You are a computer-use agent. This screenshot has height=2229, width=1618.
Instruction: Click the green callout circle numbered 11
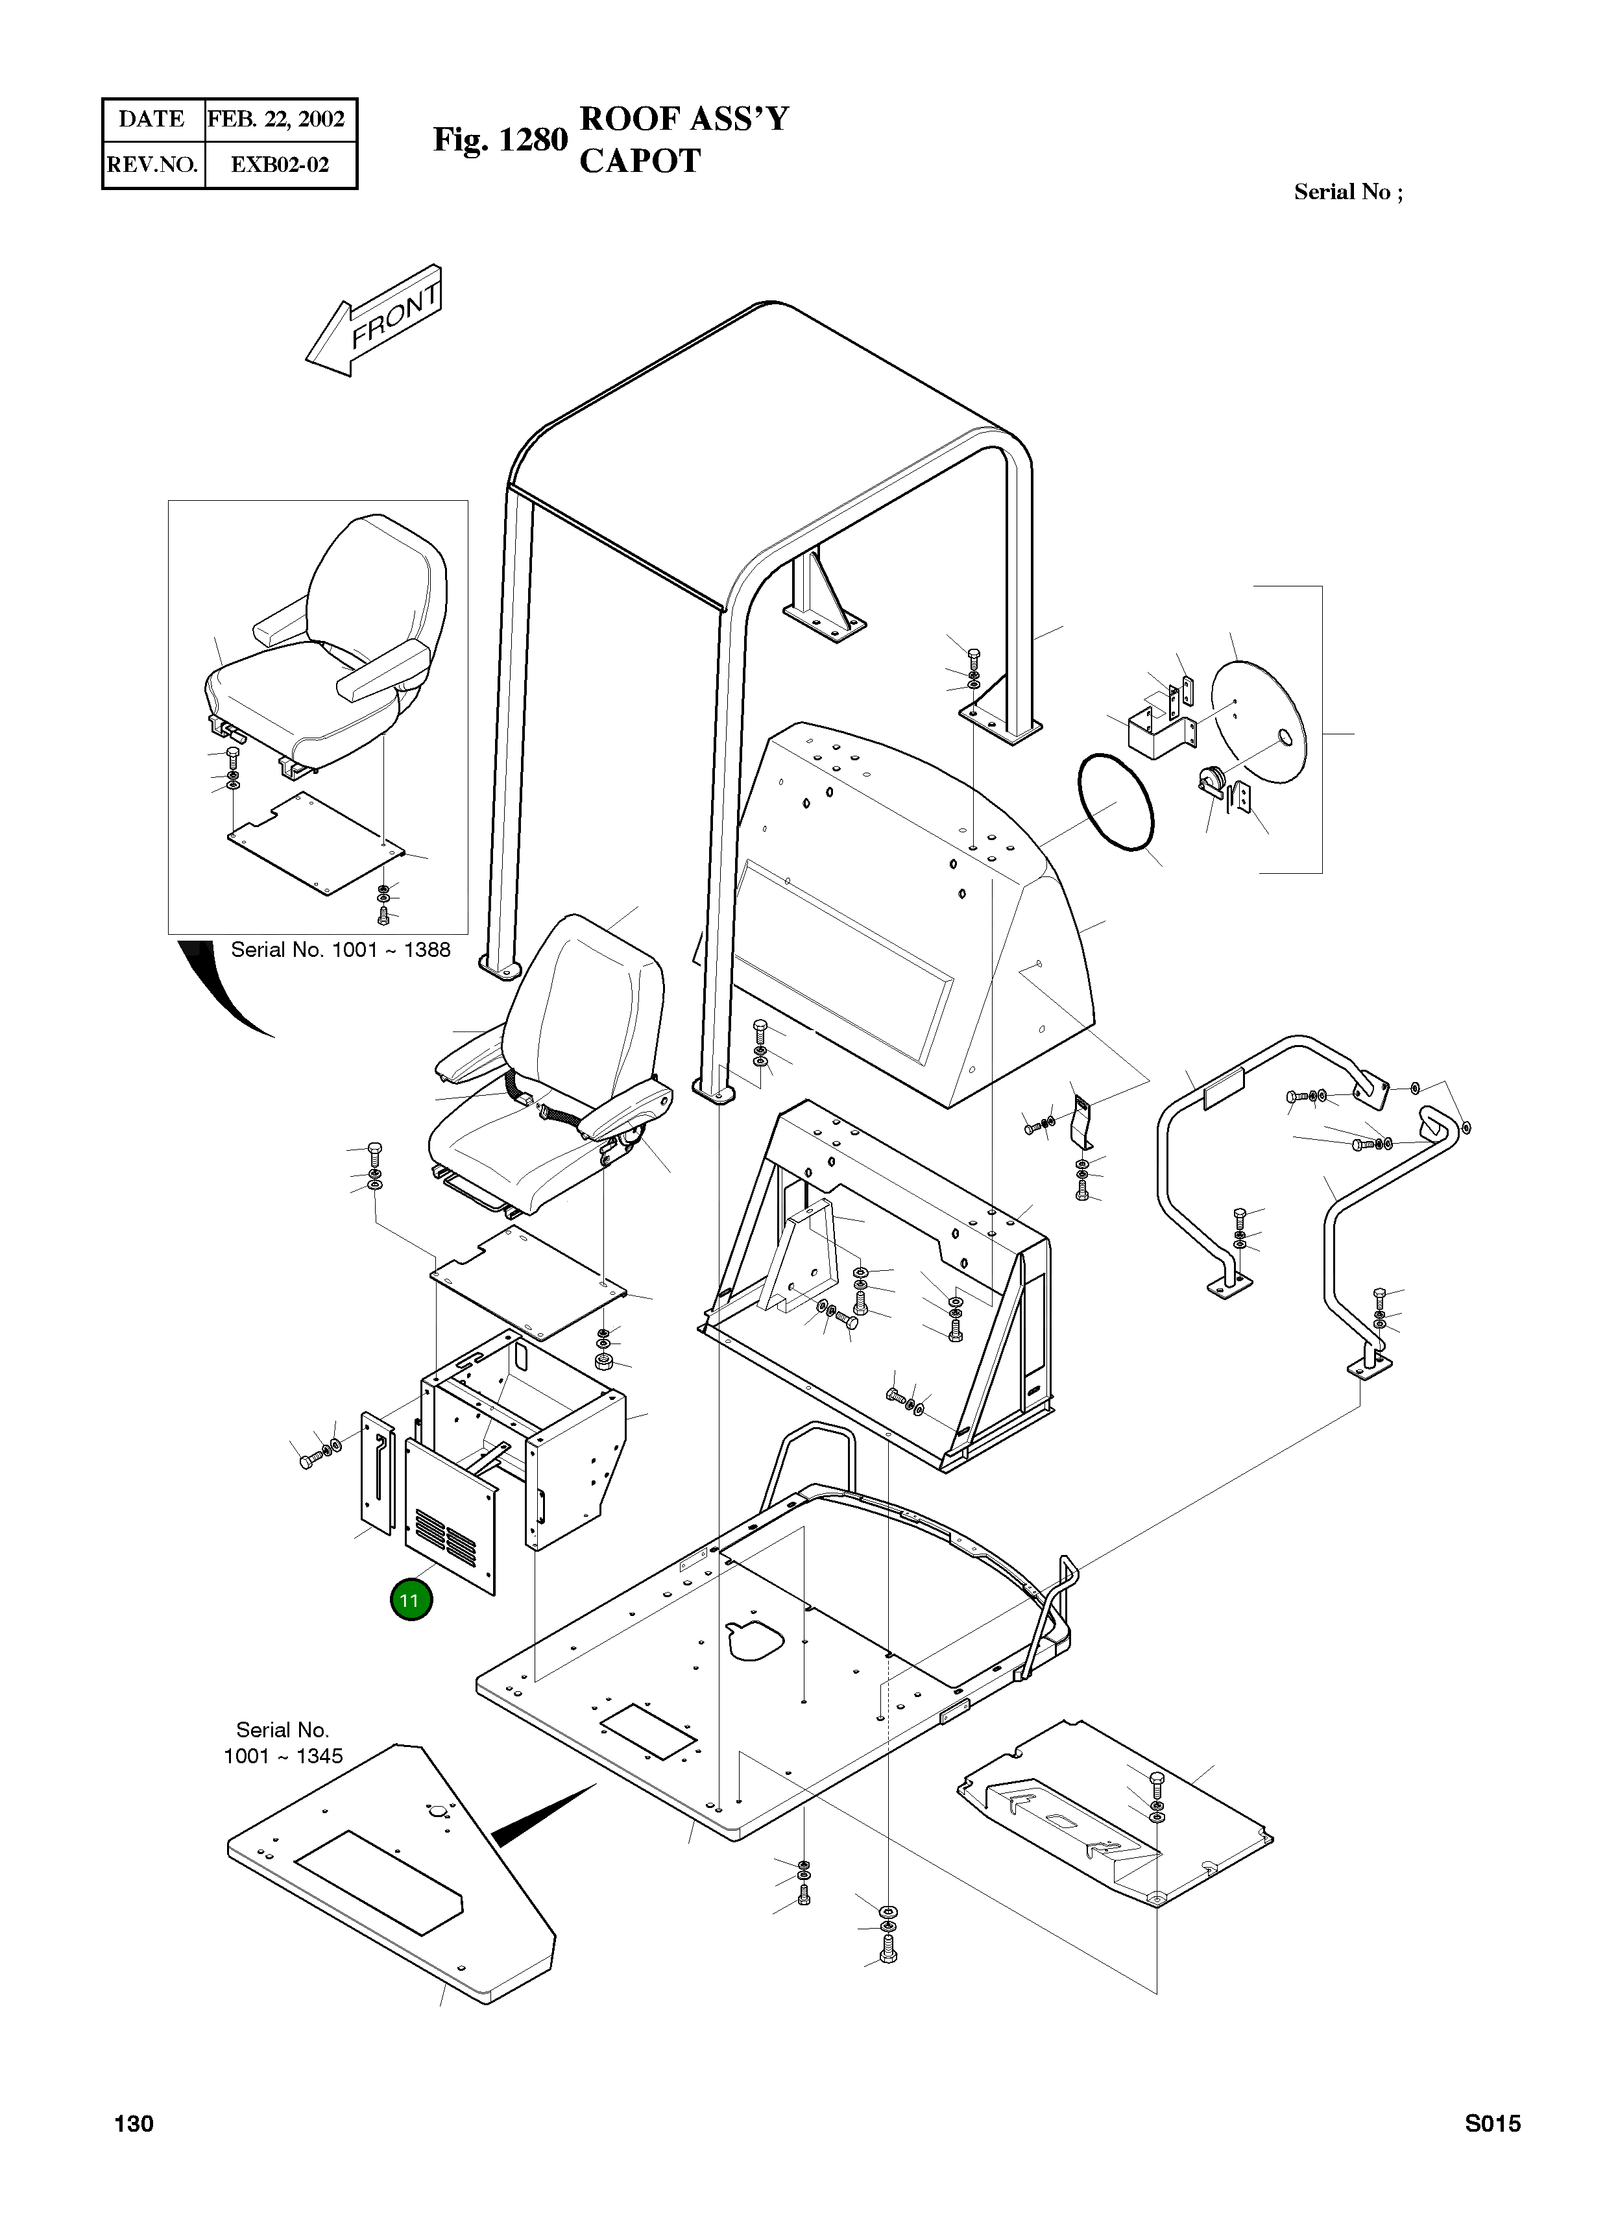tap(411, 1600)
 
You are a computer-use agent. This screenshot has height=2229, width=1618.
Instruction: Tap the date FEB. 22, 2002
tap(276, 120)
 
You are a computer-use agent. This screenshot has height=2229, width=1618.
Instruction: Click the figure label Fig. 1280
tap(500, 141)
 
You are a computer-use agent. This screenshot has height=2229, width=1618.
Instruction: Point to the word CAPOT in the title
tap(640, 160)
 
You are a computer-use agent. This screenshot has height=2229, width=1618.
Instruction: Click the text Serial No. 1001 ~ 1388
tap(340, 949)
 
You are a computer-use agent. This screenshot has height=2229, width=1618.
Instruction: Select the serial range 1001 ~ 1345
tap(283, 1756)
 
